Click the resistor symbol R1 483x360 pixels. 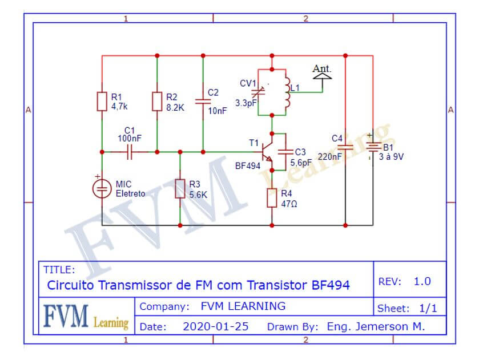pos(102,101)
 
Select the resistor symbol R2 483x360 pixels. pos(157,101)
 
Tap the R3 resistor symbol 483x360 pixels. pos(180,189)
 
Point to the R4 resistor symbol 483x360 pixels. pos(272,197)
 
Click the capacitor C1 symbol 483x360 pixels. pos(129,152)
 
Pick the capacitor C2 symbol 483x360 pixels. pos(203,102)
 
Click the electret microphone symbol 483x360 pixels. pos(102,189)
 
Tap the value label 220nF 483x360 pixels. pos(329,156)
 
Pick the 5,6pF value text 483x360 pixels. pos(301,162)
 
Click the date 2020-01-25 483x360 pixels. pos(215,327)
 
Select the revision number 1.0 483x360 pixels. pos(422,281)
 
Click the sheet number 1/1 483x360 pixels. pos(428,309)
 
